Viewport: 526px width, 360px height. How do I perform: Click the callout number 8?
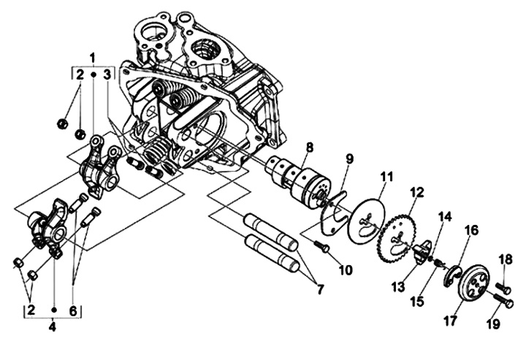pyautogui.click(x=309, y=148)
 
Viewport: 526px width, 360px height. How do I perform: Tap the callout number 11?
pyautogui.click(x=386, y=177)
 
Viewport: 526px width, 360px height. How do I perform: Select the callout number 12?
pyautogui.click(x=416, y=192)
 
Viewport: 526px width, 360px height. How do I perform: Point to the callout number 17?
pyautogui.click(x=450, y=321)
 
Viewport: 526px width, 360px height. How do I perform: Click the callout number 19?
pyautogui.click(x=493, y=324)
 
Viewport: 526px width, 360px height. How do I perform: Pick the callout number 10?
pyautogui.click(x=346, y=270)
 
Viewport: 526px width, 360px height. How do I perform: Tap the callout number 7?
pyautogui.click(x=320, y=288)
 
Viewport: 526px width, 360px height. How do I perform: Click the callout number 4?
pyautogui.click(x=53, y=327)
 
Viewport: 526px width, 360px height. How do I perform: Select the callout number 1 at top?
pyautogui.click(x=93, y=58)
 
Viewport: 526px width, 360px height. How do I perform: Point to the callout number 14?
pyautogui.click(x=446, y=217)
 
